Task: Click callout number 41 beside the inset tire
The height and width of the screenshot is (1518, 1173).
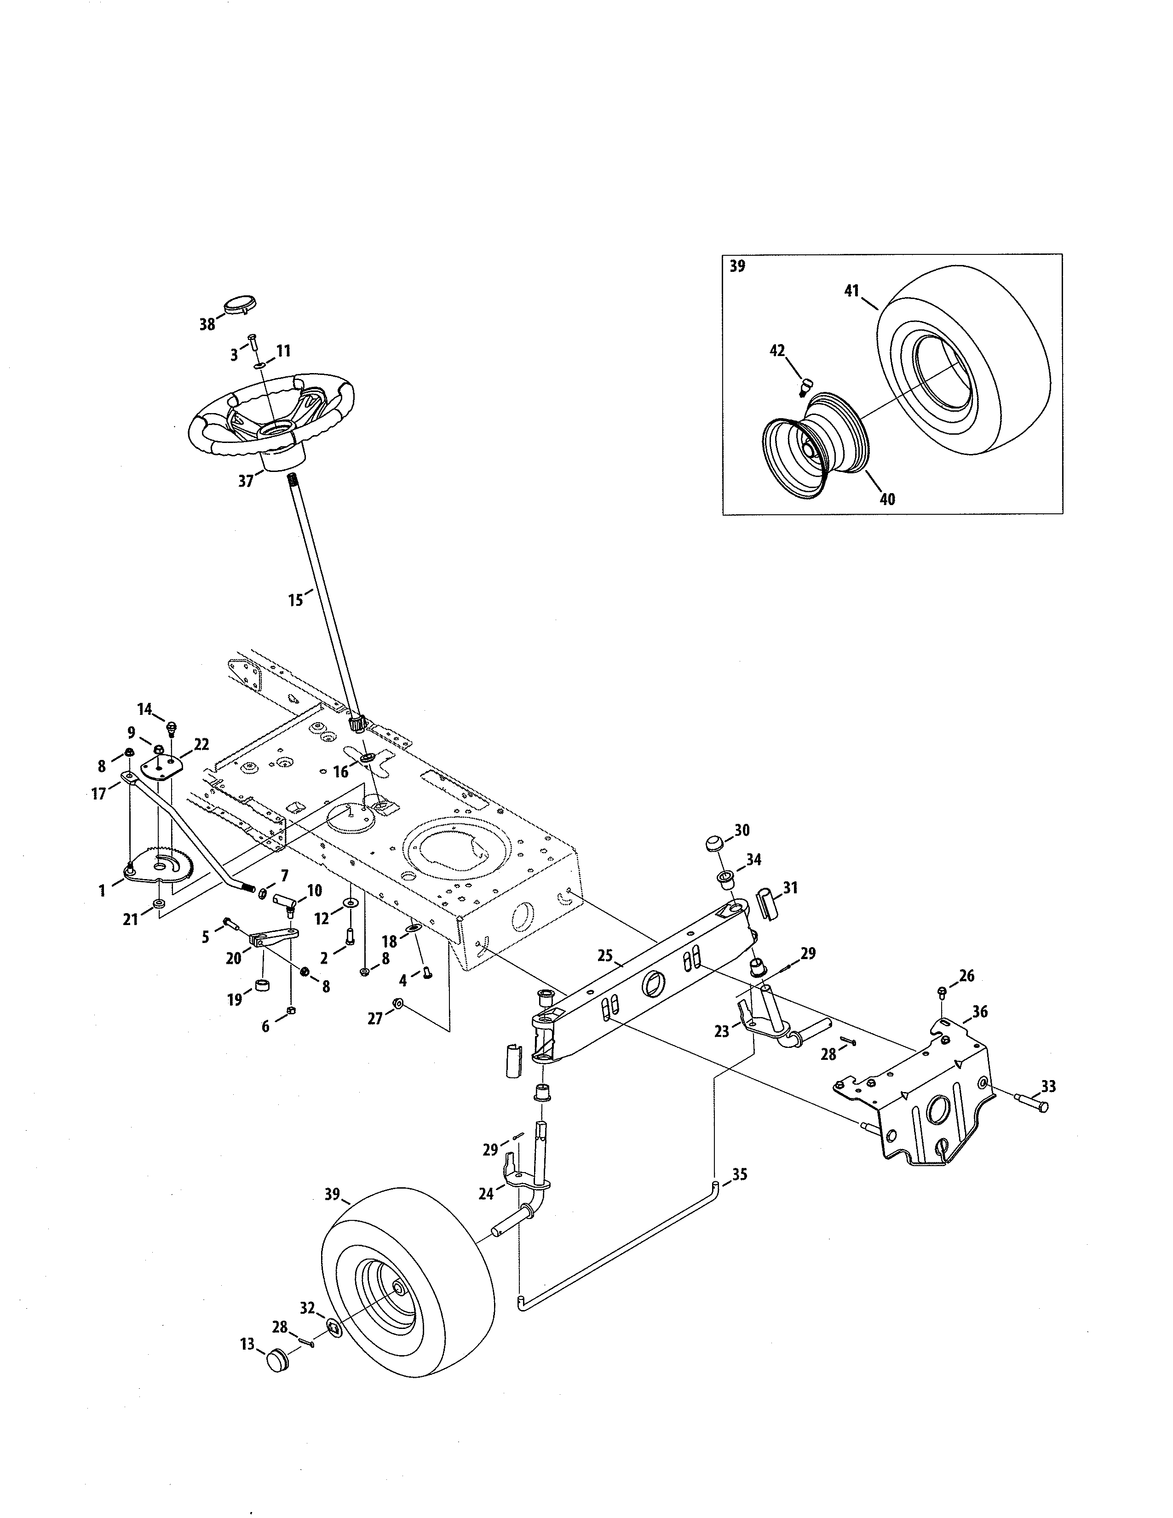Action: (x=852, y=291)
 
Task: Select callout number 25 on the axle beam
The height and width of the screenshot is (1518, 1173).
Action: (x=604, y=956)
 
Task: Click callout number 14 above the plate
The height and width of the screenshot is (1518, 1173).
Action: (x=144, y=709)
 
